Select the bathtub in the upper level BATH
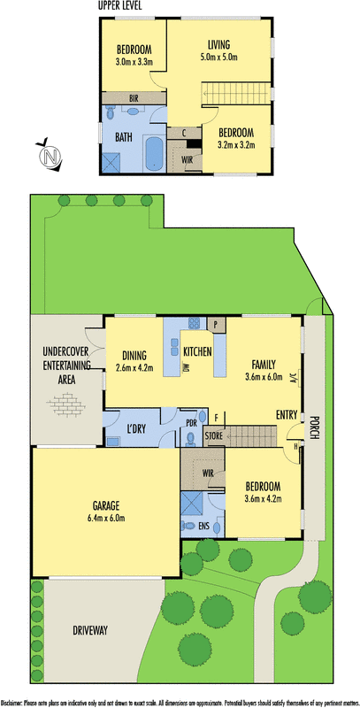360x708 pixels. (x=154, y=154)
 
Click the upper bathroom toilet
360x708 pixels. (x=111, y=115)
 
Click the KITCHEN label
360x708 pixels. (x=197, y=352)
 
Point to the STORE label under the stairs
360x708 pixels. (x=214, y=435)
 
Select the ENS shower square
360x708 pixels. (x=192, y=504)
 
